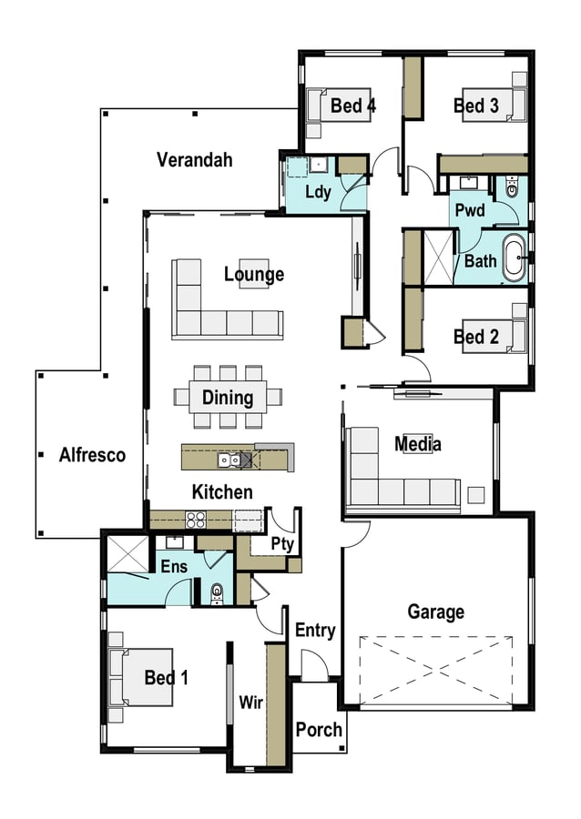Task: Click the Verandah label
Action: click(194, 160)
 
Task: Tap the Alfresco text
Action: click(92, 455)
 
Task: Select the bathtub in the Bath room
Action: click(515, 258)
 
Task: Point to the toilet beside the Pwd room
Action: click(512, 187)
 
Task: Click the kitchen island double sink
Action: click(229, 460)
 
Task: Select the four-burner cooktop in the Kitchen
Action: click(196, 520)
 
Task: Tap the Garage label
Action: click(435, 612)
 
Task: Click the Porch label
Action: click(319, 729)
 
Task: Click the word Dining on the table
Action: click(228, 398)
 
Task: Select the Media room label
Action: click(417, 444)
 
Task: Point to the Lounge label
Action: click(254, 274)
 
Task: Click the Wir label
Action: click(250, 703)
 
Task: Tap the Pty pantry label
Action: click(282, 544)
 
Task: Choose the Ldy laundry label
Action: click(318, 192)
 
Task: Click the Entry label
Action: click(315, 631)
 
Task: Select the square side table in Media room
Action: click(476, 495)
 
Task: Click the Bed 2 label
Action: click(476, 338)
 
